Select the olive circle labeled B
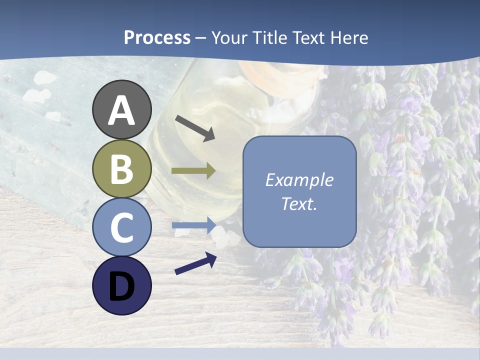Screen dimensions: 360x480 coord(122,168)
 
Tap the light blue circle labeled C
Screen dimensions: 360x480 coord(122,227)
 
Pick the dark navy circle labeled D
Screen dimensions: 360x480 coord(122,286)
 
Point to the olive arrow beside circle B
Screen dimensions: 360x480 coord(193,171)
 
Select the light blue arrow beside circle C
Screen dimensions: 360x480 coord(193,225)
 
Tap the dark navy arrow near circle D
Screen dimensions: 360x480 coord(195,263)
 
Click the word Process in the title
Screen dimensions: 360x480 coord(157,38)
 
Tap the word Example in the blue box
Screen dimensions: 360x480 coord(299,180)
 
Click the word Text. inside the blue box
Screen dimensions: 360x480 coord(299,203)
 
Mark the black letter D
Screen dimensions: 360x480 coord(122,286)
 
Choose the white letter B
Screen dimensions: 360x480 coord(122,169)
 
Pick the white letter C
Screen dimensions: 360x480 coord(122,227)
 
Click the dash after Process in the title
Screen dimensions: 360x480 coord(201,38)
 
